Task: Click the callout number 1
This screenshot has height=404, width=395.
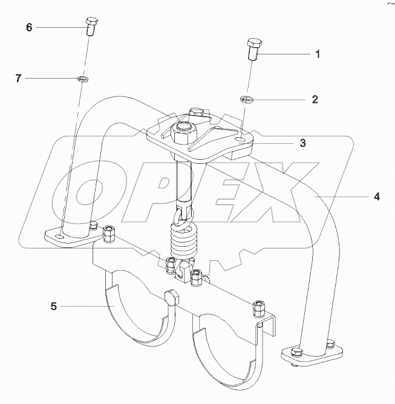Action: [x=316, y=54]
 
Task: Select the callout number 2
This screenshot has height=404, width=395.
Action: [x=315, y=99]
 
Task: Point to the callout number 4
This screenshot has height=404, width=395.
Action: [x=376, y=196]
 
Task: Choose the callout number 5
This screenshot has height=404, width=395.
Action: [x=54, y=307]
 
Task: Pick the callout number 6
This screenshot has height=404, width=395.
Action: [x=28, y=28]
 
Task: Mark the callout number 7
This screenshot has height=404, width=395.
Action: [x=19, y=77]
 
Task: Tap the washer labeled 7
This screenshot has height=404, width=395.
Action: [x=82, y=78]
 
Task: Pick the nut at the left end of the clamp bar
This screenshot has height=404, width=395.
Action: [x=109, y=232]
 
